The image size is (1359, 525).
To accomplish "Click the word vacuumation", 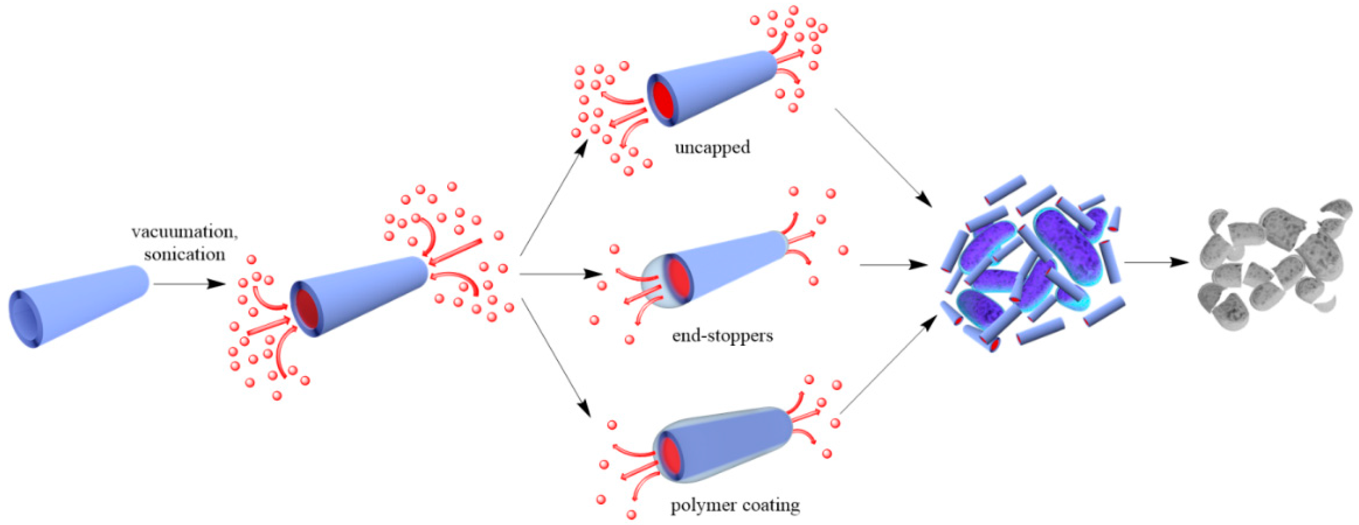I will click(x=184, y=232).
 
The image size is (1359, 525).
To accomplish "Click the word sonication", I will click(x=184, y=254).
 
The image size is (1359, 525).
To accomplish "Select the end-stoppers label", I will click(x=722, y=335).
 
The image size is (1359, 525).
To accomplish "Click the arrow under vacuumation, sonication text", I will click(x=190, y=284).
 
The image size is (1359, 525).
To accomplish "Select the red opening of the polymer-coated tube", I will click(x=670, y=455).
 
